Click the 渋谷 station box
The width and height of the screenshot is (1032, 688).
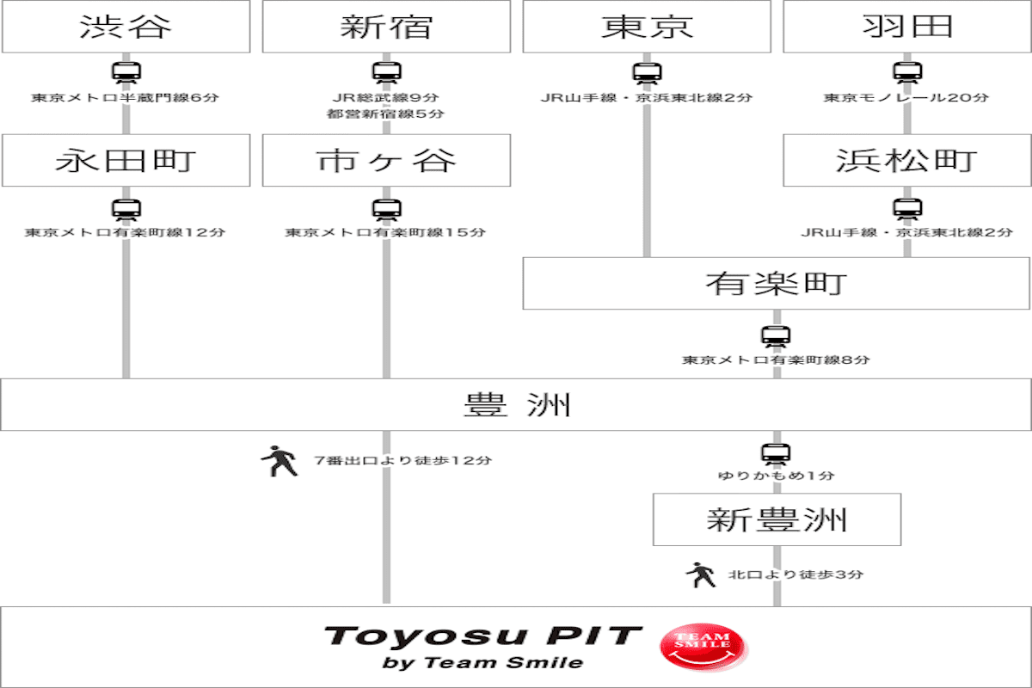coord(126,27)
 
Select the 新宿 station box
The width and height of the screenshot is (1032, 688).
coord(386,27)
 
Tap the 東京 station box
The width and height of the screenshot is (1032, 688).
coord(647,27)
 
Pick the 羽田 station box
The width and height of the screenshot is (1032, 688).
coord(906,27)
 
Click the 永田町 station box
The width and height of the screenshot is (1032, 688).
coord(126,160)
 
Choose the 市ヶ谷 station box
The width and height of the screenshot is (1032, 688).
coord(386,160)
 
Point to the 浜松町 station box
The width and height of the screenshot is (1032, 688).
coord(906,160)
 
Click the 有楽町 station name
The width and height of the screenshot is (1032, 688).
coord(776,284)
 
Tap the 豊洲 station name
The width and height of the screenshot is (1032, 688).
coord(517,404)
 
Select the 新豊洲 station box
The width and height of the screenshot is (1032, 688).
coord(777,519)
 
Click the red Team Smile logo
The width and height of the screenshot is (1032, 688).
coord(705,646)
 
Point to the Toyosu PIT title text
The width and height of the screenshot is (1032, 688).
coord(482,636)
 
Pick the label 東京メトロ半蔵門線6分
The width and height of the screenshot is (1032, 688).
coord(126,98)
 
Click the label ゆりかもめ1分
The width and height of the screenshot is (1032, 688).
coord(777,476)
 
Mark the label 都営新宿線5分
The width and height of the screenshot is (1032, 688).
coord(386,114)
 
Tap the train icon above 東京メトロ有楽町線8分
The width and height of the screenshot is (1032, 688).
coord(776,336)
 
